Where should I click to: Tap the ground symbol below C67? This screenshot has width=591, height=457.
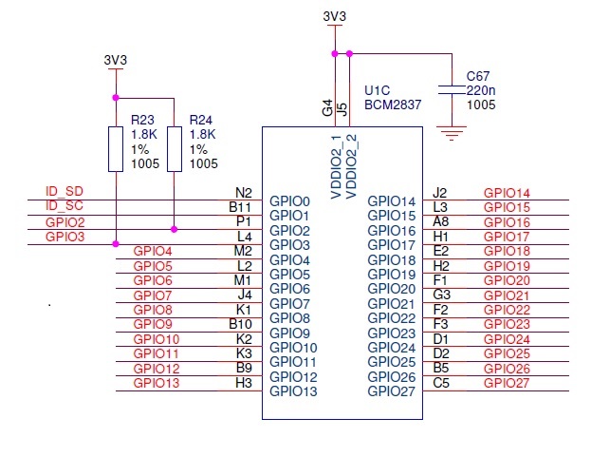click(x=456, y=132)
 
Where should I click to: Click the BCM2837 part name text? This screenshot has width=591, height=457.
click(x=393, y=106)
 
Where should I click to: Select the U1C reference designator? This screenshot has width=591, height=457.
click(x=378, y=91)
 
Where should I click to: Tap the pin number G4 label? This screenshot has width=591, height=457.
click(x=328, y=109)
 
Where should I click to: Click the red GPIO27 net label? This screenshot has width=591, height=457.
click(x=507, y=383)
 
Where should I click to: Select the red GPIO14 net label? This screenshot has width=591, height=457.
click(x=507, y=193)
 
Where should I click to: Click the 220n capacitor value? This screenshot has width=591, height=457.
click(x=480, y=90)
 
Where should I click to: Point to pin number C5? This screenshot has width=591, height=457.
click(x=440, y=383)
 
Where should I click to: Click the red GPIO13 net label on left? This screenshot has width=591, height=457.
click(x=157, y=383)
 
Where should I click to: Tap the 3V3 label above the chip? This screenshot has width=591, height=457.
click(x=334, y=17)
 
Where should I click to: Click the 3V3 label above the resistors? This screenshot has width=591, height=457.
click(x=115, y=60)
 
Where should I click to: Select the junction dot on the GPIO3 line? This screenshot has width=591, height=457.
click(x=116, y=244)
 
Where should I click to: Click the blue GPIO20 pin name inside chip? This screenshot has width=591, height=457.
click(x=392, y=289)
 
